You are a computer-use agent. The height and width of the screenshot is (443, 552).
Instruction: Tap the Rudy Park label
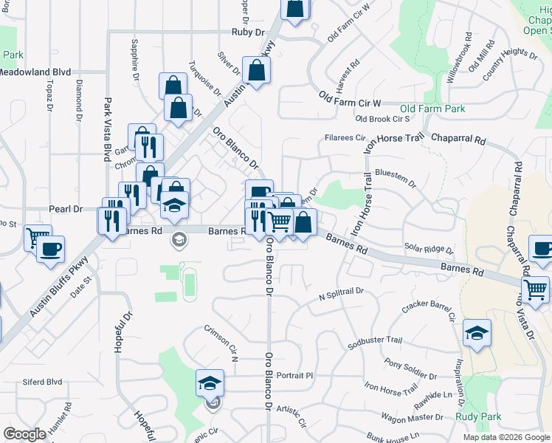tap(478, 416)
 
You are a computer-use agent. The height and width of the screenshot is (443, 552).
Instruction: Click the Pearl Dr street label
tap(66, 209)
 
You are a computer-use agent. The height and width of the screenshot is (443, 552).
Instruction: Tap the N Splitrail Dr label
tap(341, 293)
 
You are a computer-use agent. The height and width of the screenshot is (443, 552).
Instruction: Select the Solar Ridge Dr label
tap(429, 249)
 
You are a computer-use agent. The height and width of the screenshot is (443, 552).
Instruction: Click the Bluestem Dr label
tap(396, 174)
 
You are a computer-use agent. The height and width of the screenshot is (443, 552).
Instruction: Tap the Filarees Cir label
tap(346, 137)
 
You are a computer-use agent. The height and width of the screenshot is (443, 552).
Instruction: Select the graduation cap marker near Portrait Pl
tap(210, 382)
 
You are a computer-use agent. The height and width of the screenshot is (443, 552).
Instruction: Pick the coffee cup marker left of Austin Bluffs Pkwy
tap(50, 249)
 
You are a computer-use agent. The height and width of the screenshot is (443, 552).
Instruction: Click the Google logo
tap(24, 434)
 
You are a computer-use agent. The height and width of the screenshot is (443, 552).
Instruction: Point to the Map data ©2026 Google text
tap(506, 437)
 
